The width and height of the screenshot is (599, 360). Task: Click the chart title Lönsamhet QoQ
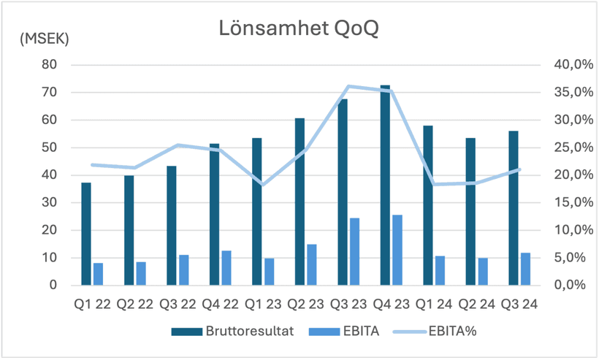(299, 29)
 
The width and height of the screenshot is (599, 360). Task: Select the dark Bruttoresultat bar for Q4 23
(385, 185)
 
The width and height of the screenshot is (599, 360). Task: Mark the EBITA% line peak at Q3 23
(349, 86)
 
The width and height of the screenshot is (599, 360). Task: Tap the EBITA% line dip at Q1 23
(264, 184)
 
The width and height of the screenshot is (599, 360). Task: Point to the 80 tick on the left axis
(49, 64)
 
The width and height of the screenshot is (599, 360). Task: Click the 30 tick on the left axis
(49, 202)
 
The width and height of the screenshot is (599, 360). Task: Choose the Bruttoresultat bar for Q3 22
(172, 226)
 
